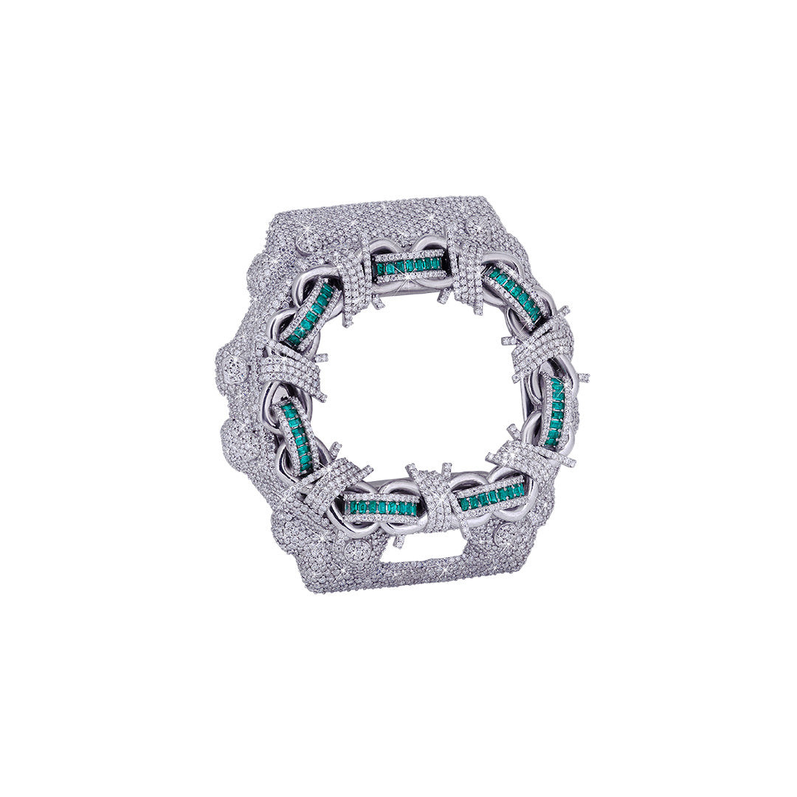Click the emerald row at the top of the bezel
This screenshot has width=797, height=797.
pos(410,265)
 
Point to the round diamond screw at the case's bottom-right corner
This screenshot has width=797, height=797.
pos(509,535)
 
